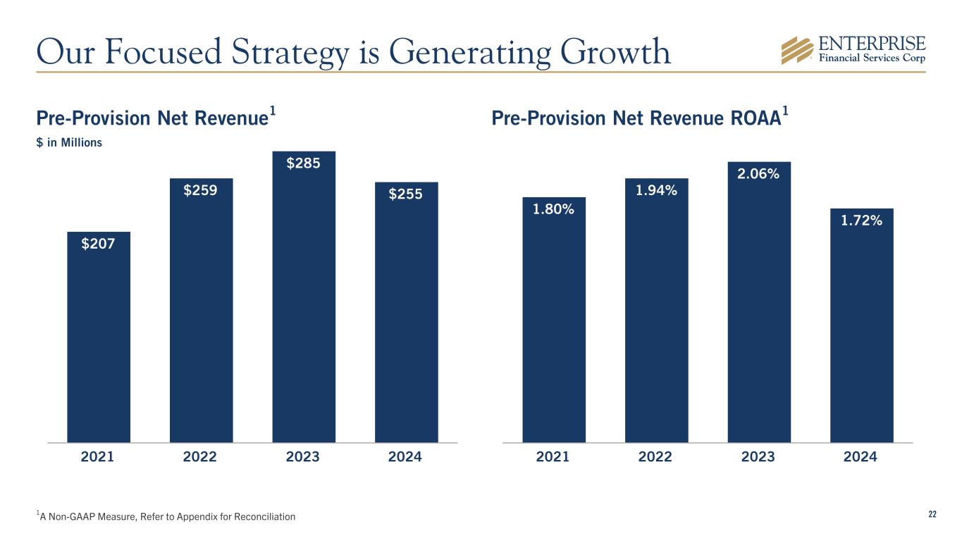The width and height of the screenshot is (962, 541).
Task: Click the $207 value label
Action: click(98, 244)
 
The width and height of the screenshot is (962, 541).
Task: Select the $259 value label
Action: click(201, 190)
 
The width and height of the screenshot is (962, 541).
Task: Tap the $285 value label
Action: click(303, 163)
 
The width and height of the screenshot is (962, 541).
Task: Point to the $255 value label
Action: click(406, 194)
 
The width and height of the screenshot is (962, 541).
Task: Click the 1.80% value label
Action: click(553, 209)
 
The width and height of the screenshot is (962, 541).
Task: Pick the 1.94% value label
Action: click(656, 190)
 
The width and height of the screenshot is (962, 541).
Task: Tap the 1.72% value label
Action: click(861, 221)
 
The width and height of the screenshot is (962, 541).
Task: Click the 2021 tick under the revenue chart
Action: click(98, 457)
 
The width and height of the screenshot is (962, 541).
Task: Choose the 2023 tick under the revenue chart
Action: click(303, 457)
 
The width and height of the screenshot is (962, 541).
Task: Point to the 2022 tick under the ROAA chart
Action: click(655, 457)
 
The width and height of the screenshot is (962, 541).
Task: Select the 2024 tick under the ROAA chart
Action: click(861, 457)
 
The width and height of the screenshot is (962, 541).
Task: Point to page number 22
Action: click(932, 515)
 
